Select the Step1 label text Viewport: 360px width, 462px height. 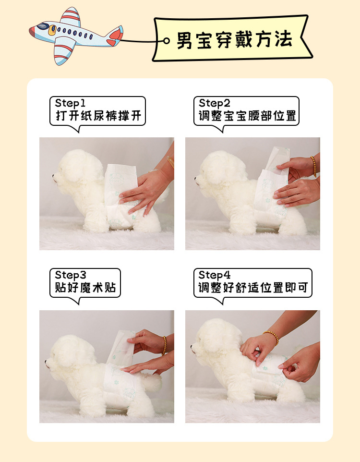70,103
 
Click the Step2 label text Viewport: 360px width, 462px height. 215,103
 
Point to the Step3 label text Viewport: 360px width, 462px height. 71,275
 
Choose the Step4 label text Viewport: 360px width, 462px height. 215,275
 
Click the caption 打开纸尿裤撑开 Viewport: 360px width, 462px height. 98,116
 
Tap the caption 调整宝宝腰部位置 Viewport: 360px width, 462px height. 247,116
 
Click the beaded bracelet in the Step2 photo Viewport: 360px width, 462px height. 313,166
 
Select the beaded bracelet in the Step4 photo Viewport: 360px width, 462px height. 271,336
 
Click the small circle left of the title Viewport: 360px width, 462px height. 167,40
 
